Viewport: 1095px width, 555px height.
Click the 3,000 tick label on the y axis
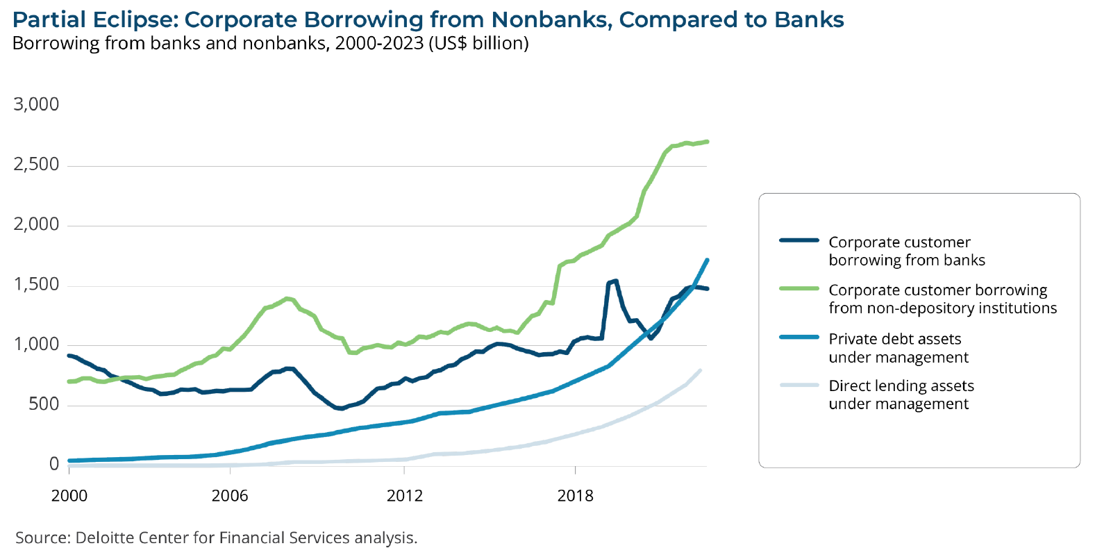point(36,104)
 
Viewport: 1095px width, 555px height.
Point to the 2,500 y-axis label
point(36,165)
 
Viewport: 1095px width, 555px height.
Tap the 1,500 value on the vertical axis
point(36,285)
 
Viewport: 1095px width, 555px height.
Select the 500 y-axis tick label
point(44,404)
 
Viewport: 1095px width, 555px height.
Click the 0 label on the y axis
point(54,464)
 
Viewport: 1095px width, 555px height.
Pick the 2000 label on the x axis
point(69,495)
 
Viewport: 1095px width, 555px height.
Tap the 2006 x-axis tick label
point(230,495)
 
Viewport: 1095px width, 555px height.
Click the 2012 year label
point(405,495)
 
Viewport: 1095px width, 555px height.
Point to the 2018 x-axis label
point(576,495)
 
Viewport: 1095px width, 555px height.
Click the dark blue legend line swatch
point(799,241)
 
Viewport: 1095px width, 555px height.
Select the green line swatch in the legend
point(799,289)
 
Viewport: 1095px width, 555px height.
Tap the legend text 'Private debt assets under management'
point(898,348)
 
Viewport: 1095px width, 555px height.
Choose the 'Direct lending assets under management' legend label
point(901,395)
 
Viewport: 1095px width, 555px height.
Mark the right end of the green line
point(707,142)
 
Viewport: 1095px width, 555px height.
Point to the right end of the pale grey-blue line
point(700,370)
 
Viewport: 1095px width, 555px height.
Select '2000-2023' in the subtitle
point(379,43)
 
